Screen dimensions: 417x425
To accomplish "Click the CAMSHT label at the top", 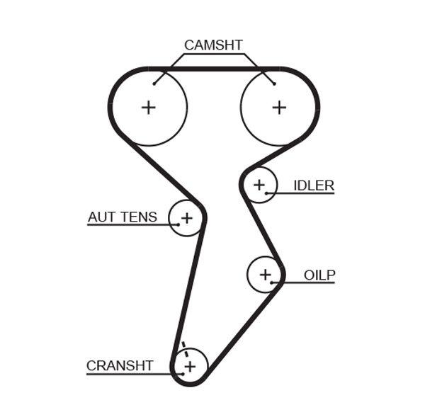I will coord(213,45).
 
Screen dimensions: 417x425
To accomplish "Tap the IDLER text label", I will coord(314,185).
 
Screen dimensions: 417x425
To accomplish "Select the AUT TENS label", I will coord(123,217).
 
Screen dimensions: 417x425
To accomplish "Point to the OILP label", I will coord(319,275).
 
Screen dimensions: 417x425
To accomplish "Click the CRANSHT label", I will coord(120,366).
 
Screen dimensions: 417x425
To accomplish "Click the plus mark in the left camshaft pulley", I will coord(148,108).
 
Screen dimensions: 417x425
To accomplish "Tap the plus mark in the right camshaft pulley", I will coord(280,107).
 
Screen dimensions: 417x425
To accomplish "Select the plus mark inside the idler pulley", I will coord(259,185).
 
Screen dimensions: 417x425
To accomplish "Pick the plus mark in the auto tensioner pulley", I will coord(186,218).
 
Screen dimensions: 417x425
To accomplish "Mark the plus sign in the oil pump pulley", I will coord(265,274).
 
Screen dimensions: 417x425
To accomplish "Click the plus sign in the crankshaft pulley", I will coord(189,366).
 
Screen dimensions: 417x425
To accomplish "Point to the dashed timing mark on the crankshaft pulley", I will coord(183,348).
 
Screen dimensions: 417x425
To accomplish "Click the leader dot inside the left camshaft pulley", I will coord(154,84).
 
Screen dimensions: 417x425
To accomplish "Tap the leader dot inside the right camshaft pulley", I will coord(274,84).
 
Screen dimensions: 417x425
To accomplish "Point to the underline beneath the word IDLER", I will coord(305,193).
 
